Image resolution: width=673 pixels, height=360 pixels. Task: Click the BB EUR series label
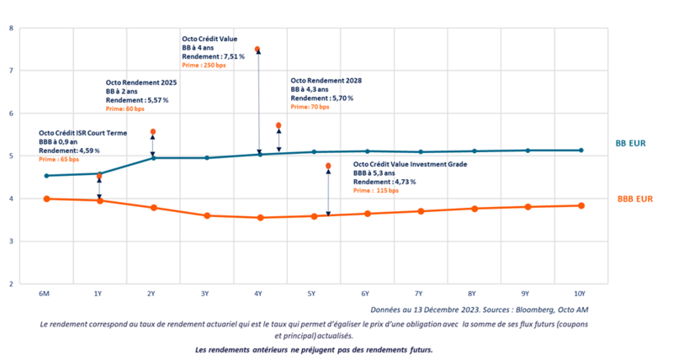631,144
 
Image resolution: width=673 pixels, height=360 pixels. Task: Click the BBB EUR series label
635,199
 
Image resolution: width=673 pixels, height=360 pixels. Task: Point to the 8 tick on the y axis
11,29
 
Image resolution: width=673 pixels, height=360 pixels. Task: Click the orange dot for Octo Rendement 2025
152,132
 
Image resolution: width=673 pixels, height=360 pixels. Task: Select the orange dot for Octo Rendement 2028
278,125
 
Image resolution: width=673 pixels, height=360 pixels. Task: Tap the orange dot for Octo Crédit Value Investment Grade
328,166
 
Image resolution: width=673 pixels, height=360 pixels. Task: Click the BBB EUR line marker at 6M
46,199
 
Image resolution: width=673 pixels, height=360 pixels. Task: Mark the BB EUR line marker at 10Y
581,151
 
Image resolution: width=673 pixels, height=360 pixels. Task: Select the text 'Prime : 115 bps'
375,191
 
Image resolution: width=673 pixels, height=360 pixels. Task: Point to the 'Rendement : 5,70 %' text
321,98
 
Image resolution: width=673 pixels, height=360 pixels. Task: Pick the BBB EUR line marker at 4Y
260,218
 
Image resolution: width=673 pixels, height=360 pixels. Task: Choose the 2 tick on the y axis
11,284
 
